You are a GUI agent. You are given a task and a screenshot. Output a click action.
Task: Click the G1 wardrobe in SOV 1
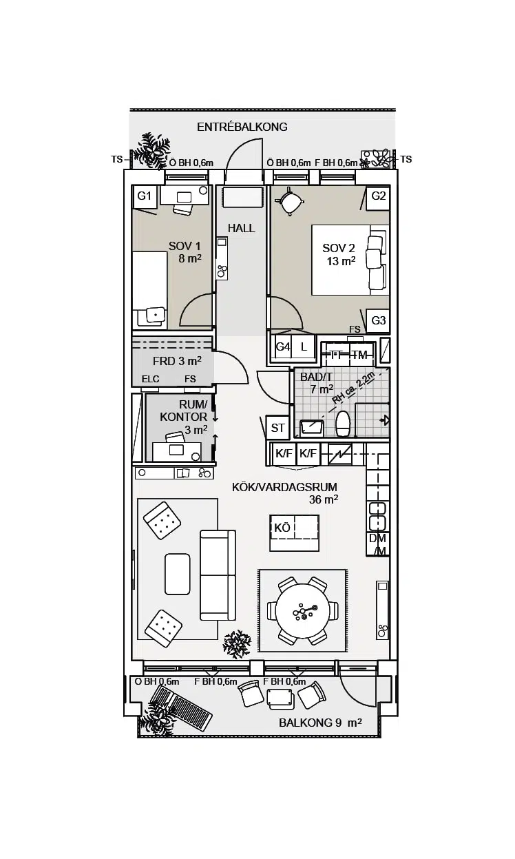(144, 197)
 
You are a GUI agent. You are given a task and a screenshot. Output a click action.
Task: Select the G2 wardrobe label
(378, 196)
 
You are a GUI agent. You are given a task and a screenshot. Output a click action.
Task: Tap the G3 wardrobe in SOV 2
(378, 320)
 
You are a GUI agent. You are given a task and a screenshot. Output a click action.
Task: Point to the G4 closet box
(283, 347)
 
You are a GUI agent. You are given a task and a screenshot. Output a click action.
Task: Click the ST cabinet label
(277, 428)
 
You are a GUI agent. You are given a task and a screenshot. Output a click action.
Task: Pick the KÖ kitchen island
(294, 533)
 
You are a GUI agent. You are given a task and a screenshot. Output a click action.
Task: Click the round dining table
(303, 611)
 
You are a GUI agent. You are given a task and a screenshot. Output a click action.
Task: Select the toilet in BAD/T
(343, 424)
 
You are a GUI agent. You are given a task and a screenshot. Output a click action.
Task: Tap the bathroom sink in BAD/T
(311, 428)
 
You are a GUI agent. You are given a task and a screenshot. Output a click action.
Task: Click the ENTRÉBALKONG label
(242, 127)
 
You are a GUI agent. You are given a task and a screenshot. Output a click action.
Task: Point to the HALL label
(242, 228)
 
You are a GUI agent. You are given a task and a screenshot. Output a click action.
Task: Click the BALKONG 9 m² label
(320, 723)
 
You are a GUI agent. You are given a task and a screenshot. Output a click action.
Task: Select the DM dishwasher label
(377, 539)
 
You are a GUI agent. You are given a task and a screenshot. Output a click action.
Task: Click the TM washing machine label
(360, 355)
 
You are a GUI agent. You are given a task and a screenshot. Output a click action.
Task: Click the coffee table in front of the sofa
(178, 574)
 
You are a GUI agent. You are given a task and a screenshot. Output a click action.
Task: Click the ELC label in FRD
(151, 380)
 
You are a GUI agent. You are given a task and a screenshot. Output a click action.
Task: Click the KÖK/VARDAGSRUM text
(285, 488)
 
